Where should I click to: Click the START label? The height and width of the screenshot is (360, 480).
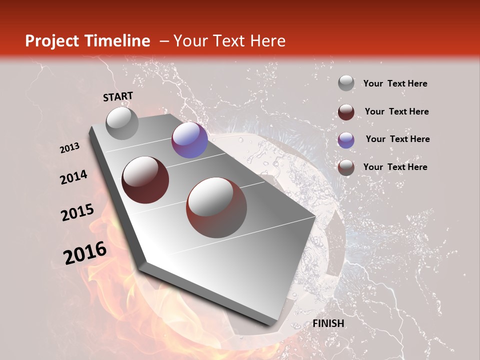118,96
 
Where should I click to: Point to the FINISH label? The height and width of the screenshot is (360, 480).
328,323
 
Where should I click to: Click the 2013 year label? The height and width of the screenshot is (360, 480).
70,148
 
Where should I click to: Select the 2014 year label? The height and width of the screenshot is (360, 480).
73,177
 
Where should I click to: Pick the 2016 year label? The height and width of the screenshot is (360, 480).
84,253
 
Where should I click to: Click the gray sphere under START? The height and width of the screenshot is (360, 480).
122,123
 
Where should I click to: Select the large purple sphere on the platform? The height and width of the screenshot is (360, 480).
189,140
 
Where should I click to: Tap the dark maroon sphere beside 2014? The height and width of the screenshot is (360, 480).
145,180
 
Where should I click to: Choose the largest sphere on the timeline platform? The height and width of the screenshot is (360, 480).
216,207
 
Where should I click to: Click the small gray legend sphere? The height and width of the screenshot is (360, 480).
346,83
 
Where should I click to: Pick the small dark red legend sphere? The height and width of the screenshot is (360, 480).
346,112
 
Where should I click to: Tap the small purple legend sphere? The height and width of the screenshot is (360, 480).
346,140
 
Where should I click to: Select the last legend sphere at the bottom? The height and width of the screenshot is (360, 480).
346,167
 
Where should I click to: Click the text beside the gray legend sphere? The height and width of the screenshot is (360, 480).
395,83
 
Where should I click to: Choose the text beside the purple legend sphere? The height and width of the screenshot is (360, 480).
397,139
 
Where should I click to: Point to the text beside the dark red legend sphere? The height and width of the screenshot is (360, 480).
396,111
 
